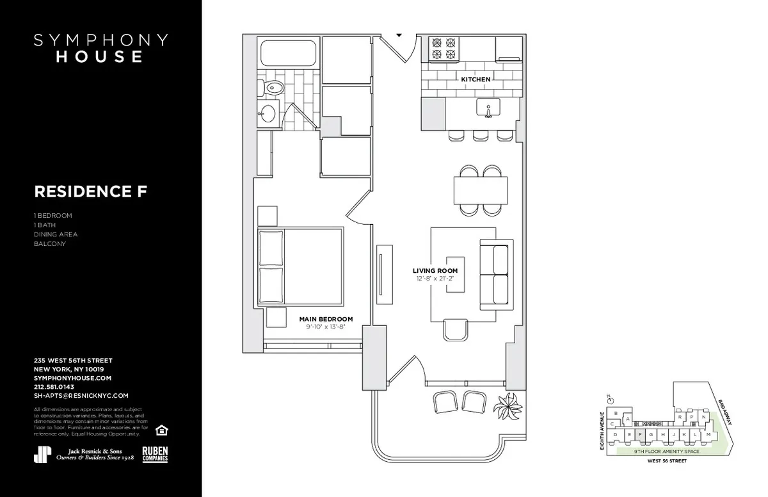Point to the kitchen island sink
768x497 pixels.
coord(488,111)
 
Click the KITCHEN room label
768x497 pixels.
coord(476,79)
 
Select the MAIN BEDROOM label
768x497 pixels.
coord(326,319)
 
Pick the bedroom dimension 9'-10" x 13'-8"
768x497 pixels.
coord(326,327)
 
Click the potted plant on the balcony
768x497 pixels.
coord(511,405)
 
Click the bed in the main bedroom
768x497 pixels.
coord(300,267)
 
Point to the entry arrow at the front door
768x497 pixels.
coord(399,35)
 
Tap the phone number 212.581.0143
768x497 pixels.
coord(54,387)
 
